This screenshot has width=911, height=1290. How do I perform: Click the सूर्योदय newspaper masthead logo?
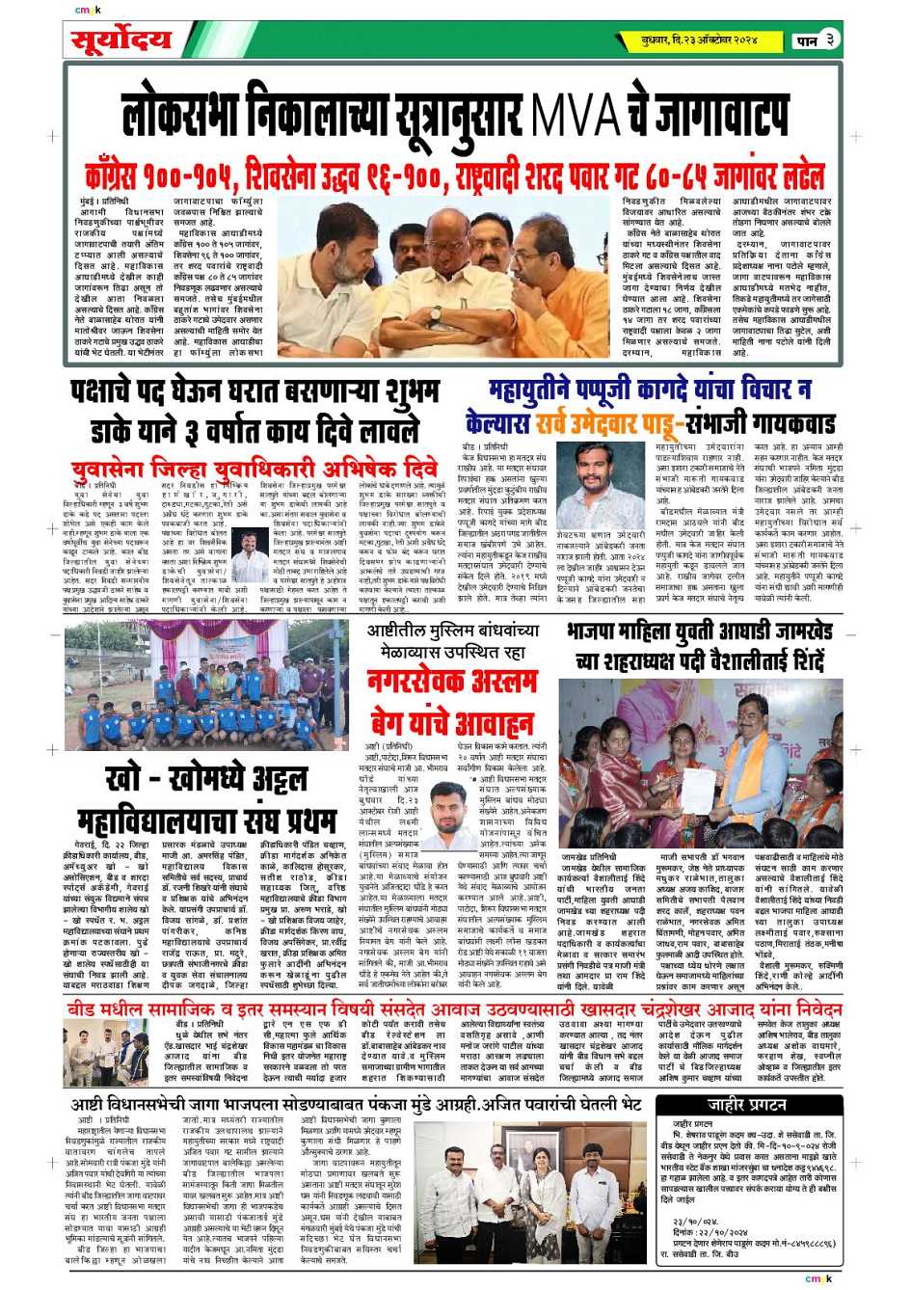pyautogui.click(x=121, y=40)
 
